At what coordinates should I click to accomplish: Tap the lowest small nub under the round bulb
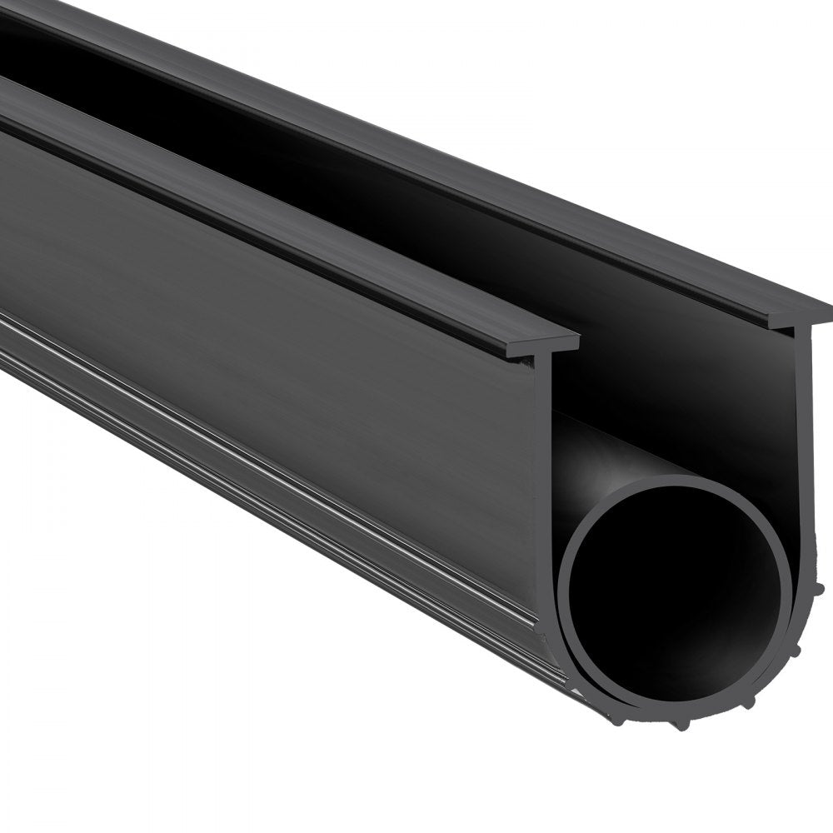tap(683, 724)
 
